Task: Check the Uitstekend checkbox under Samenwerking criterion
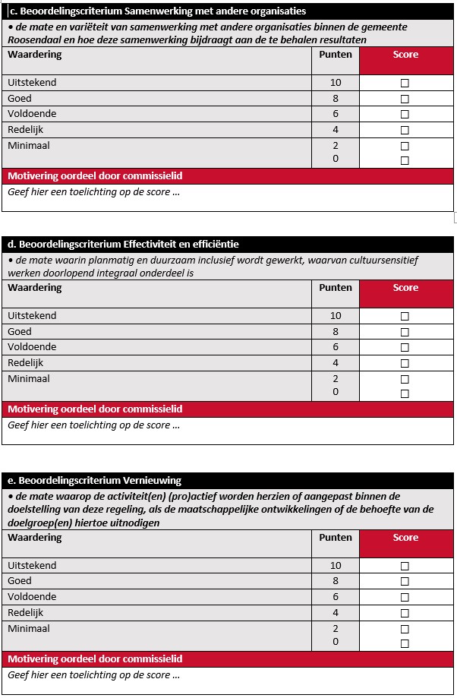point(405,84)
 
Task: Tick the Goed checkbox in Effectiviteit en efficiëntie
point(405,332)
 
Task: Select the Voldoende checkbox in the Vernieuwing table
point(405,598)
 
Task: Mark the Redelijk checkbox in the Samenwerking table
point(405,131)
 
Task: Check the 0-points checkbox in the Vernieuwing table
point(405,644)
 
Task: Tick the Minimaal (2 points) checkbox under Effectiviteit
point(405,379)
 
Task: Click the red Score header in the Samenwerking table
point(405,55)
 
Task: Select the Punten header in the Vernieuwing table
point(335,538)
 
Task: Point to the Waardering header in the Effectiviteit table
point(35,288)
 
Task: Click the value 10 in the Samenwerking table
point(336,83)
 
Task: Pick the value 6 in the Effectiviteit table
point(336,347)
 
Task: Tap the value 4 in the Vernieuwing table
point(336,613)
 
